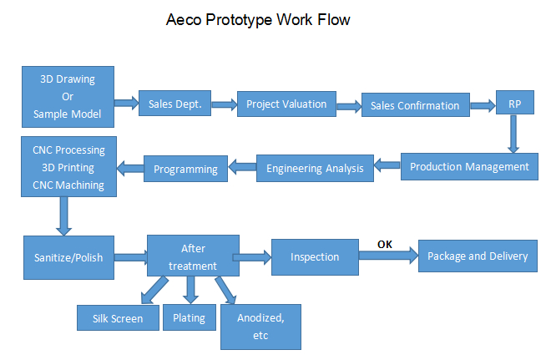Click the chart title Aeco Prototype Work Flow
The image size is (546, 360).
coord(258,20)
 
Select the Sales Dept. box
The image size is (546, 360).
coord(174,104)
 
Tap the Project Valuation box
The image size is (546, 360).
coord(286,104)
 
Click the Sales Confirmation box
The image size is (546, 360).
coord(416,104)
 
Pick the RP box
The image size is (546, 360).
coord(514,102)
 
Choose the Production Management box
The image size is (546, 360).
coord(469,166)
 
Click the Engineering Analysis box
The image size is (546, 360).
coord(315,169)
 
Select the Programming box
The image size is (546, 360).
coord(185,169)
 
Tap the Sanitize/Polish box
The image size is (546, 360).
coord(68,257)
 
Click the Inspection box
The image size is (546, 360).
coord(315,257)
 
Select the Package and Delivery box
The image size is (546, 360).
coord(478,256)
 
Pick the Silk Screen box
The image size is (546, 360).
coord(118,318)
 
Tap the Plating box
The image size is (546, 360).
coord(189,317)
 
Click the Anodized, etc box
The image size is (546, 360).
coord(260,327)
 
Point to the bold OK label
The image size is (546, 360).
coord(385,245)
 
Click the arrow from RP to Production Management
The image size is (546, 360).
coord(513,134)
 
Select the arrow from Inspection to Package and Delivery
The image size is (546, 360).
coord(388,256)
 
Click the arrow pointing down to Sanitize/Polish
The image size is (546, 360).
coord(63,216)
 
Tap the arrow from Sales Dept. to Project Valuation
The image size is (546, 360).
coord(225,104)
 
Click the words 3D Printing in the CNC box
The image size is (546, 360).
coord(68,168)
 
